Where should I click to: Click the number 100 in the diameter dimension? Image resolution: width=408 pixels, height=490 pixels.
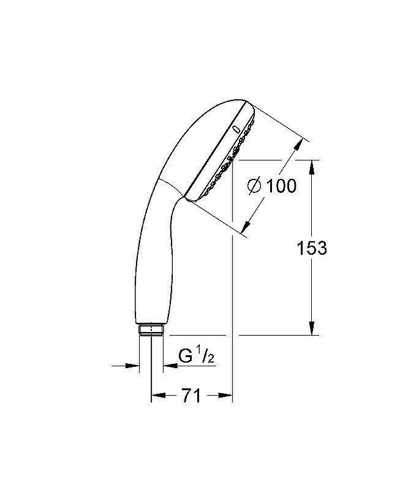click(x=282, y=186)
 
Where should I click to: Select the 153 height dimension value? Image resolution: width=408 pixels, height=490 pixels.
click(x=312, y=248)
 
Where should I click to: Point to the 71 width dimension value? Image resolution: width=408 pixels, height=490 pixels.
click(x=192, y=396)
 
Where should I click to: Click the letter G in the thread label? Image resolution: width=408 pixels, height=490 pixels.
click(x=185, y=356)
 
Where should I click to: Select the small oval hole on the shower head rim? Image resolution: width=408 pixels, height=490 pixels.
click(x=235, y=129)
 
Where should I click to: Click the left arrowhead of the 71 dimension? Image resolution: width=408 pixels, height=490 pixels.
click(x=157, y=396)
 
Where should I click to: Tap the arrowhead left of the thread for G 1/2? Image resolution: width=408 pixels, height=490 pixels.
click(x=134, y=366)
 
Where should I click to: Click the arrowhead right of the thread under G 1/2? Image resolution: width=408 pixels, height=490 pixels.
click(x=168, y=366)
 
